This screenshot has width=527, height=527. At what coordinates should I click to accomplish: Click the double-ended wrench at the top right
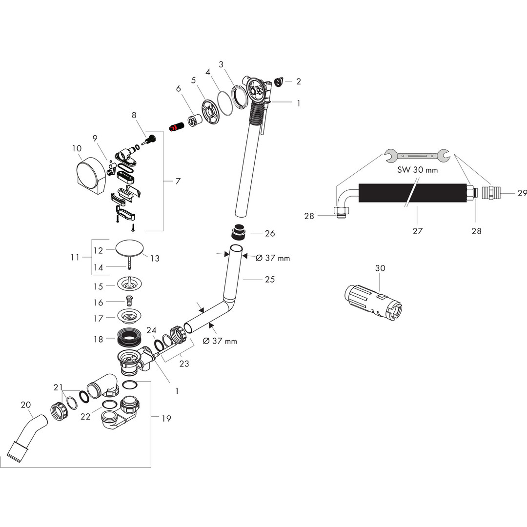click(417, 155)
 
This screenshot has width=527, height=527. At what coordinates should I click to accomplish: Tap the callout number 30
click(380, 268)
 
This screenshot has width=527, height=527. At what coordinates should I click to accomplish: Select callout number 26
click(269, 233)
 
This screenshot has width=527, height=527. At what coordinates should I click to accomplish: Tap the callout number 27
click(418, 231)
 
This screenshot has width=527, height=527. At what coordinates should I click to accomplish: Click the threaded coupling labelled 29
click(489, 193)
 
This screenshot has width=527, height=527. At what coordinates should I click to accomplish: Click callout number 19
click(166, 419)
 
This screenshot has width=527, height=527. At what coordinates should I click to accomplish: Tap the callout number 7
click(178, 181)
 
